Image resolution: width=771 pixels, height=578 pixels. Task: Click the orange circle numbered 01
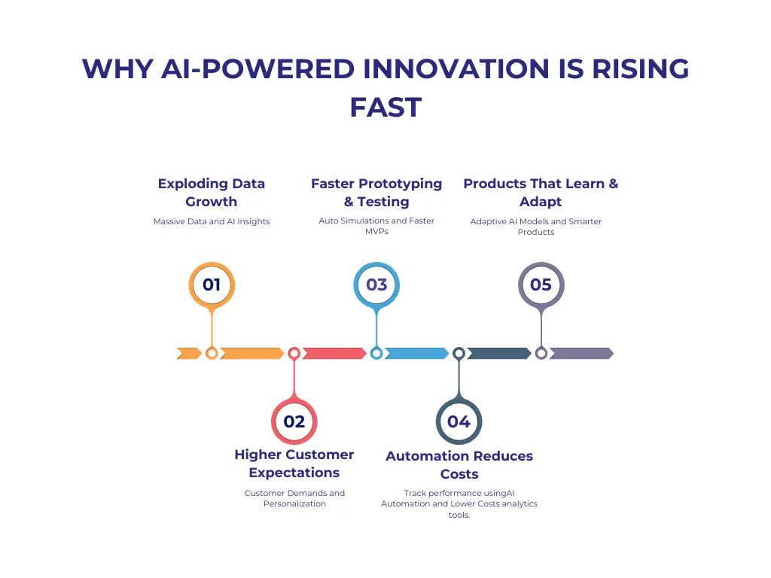tap(212, 284)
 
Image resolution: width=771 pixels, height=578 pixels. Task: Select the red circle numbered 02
tap(294, 421)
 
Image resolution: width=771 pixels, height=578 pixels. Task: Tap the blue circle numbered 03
tap(376, 284)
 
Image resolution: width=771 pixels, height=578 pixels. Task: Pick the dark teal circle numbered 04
tap(459, 421)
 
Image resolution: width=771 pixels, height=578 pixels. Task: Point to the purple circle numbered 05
tap(541, 284)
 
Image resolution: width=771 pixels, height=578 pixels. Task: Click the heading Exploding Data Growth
tap(212, 193)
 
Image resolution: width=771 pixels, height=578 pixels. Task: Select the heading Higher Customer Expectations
tap(294, 464)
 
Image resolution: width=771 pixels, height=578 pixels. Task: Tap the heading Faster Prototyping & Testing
tap(376, 193)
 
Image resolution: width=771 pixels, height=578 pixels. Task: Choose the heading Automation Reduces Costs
tap(459, 465)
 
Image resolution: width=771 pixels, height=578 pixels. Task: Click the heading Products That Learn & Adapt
tap(541, 193)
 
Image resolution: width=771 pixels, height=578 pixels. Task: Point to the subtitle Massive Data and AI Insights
tap(212, 221)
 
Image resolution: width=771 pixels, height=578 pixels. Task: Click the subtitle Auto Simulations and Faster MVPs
tap(376, 226)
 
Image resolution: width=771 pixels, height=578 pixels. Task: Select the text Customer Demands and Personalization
tap(294, 498)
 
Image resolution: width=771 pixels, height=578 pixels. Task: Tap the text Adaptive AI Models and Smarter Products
tap(536, 227)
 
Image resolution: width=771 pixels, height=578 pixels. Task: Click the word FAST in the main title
tap(385, 107)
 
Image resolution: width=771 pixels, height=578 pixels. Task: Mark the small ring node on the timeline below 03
tap(376, 353)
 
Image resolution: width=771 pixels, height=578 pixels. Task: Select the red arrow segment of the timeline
tap(334, 353)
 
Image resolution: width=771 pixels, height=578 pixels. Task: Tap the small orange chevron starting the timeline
tap(188, 353)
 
